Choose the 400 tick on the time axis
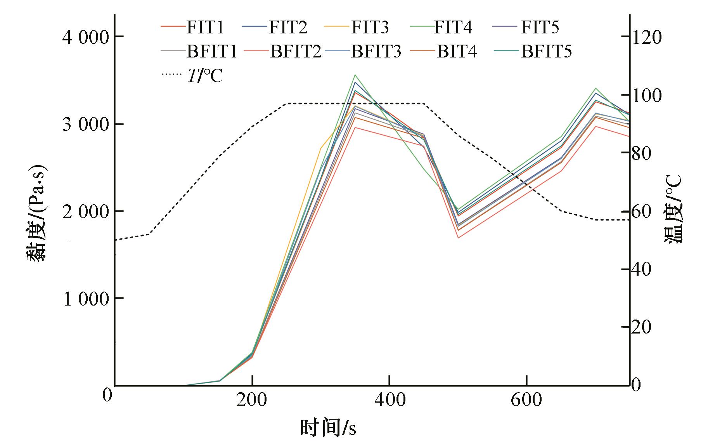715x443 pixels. (x=389, y=400)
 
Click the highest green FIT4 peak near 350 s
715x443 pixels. (x=355, y=75)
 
